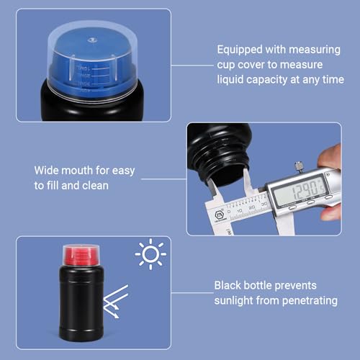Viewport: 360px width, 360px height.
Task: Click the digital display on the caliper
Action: (x=302, y=188)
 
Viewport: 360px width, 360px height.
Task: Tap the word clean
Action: (x=95, y=185)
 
